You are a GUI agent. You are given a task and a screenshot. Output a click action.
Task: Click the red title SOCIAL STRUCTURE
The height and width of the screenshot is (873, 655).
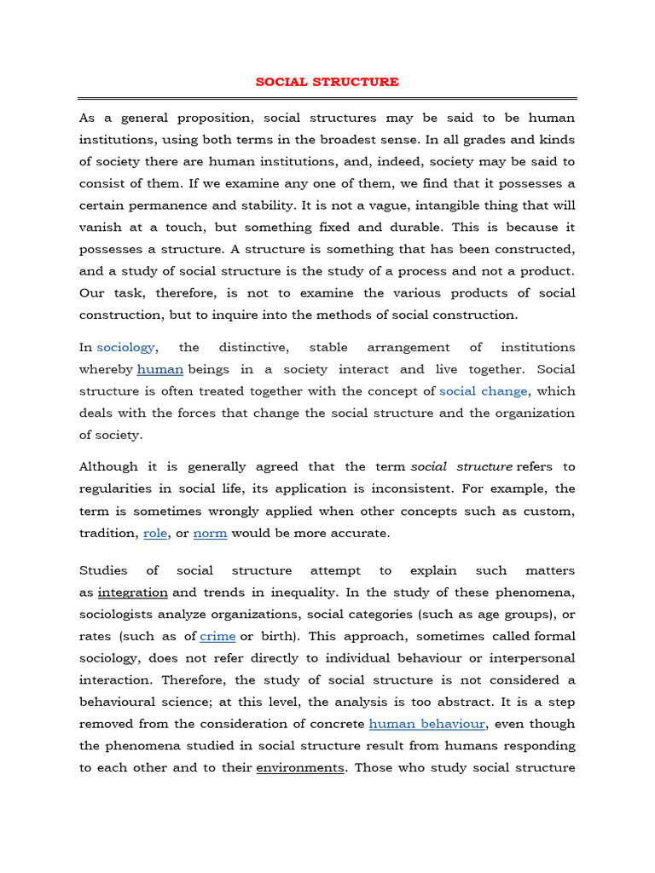point(327,82)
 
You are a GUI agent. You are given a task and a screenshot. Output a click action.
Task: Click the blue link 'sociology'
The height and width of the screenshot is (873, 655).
point(126,347)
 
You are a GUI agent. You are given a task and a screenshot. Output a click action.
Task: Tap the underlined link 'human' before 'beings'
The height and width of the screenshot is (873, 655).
point(160,369)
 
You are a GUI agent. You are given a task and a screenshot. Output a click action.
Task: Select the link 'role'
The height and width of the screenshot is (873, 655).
point(155,533)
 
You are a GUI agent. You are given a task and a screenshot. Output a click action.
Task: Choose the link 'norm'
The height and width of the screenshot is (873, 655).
point(210,533)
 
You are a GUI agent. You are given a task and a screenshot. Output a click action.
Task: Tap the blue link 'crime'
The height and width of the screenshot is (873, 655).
point(217,636)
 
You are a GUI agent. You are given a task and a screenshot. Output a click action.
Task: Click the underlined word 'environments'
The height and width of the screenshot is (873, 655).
point(300,767)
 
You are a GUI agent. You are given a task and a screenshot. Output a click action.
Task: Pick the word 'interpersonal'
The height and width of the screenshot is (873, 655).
point(535,658)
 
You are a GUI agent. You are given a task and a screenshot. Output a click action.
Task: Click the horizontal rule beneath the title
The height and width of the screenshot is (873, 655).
point(327,99)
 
